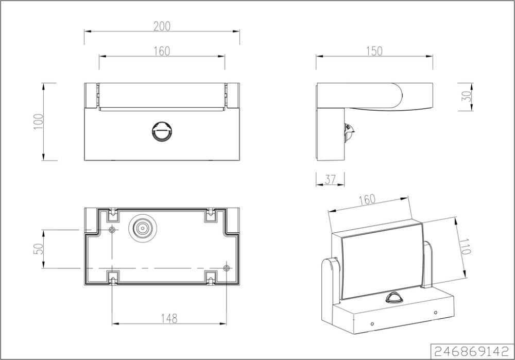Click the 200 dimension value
click(162, 26)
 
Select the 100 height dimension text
click(38, 122)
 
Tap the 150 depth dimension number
click(374, 51)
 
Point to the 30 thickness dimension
click(467, 96)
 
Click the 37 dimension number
click(330, 179)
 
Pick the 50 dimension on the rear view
click(38, 249)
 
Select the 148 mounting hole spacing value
click(169, 318)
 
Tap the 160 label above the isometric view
click(367, 200)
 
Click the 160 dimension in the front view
click(162, 51)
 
